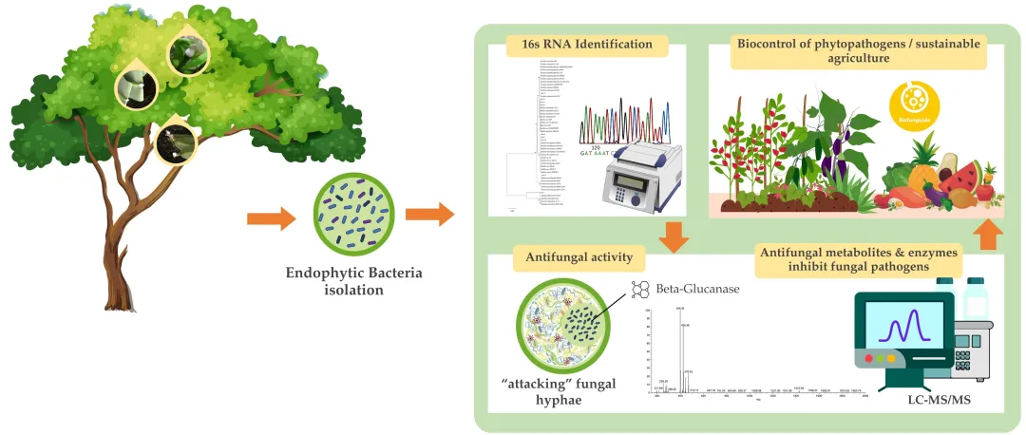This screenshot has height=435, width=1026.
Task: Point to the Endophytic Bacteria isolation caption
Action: click(353, 281)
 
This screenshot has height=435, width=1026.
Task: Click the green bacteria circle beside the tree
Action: click(352, 217)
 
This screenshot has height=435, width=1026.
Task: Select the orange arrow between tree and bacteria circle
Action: click(271, 219)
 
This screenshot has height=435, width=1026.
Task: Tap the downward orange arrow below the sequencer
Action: click(674, 236)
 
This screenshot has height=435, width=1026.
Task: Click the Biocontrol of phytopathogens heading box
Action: click(857, 50)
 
